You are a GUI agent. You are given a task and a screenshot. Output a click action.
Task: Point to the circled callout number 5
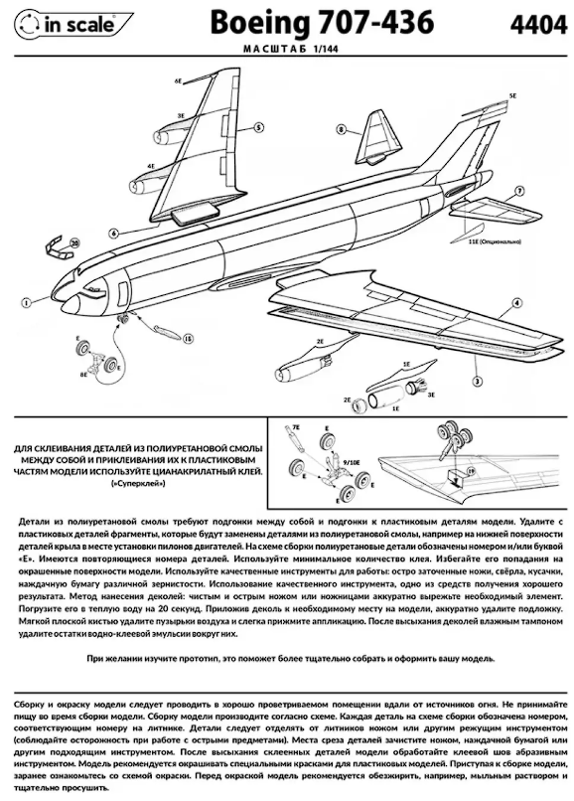pos(258,127)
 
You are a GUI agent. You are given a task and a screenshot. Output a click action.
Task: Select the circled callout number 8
pos(341,129)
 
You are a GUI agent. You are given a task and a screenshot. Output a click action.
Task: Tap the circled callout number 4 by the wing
pos(517,301)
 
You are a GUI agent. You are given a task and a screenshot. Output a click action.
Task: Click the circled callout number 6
pos(115,233)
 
